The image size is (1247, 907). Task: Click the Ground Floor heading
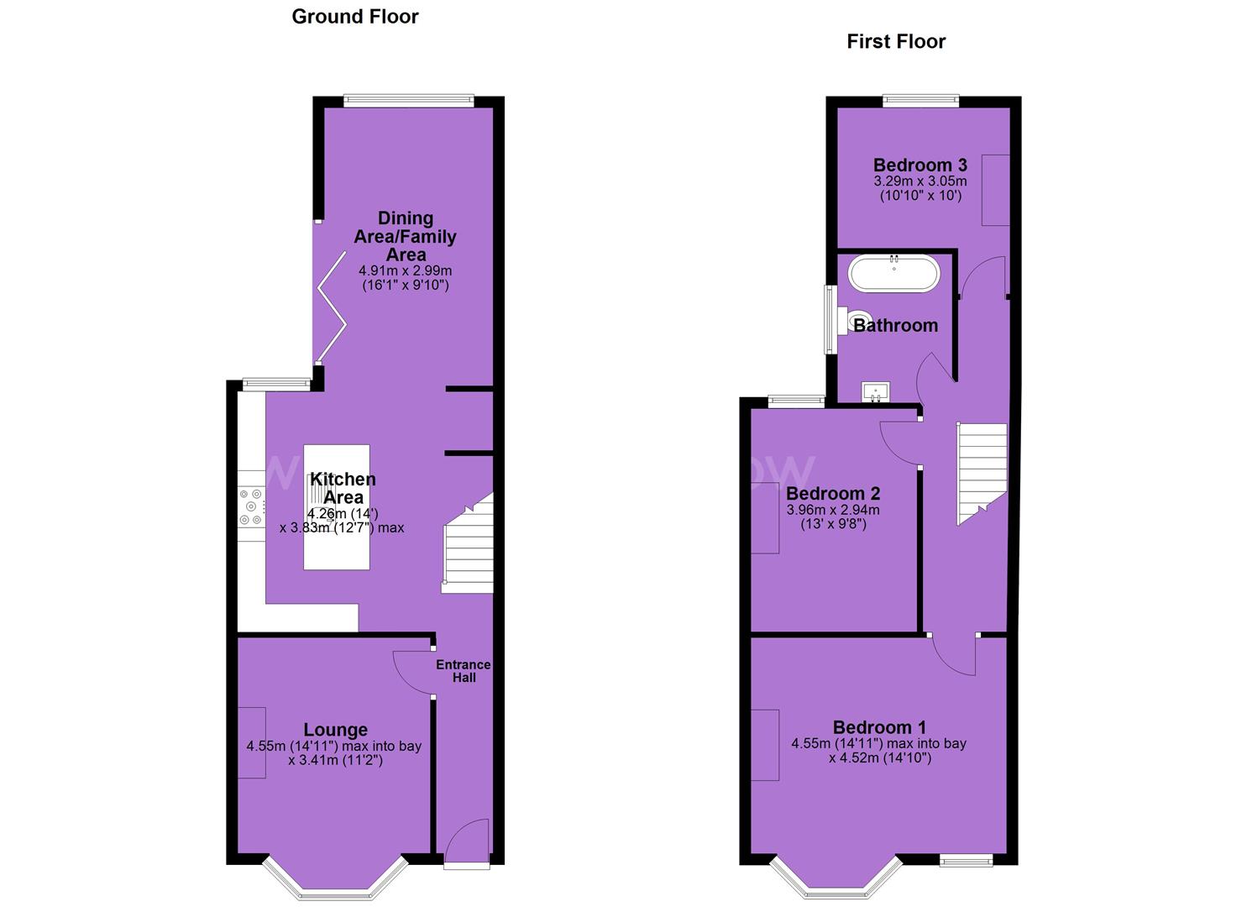pyautogui.click(x=354, y=17)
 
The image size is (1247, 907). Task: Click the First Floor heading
pyautogui.click(x=896, y=42)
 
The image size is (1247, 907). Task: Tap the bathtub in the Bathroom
pyautogui.click(x=893, y=274)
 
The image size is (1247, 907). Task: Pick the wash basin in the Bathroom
pyautogui.click(x=876, y=392)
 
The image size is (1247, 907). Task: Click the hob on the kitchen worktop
pyautogui.click(x=251, y=506)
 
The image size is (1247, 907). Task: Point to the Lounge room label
pyautogui.click(x=335, y=730)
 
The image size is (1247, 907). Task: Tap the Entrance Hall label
pyautogui.click(x=464, y=671)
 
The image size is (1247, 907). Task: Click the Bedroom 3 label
pyautogui.click(x=920, y=165)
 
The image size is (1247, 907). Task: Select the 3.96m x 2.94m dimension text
pyautogui.click(x=833, y=510)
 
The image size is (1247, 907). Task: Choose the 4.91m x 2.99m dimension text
pyautogui.click(x=406, y=271)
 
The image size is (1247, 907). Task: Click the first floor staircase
pyautogui.click(x=982, y=474)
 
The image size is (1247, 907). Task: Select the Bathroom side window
pyautogui.click(x=830, y=320)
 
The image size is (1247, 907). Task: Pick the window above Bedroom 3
pyautogui.click(x=921, y=101)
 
